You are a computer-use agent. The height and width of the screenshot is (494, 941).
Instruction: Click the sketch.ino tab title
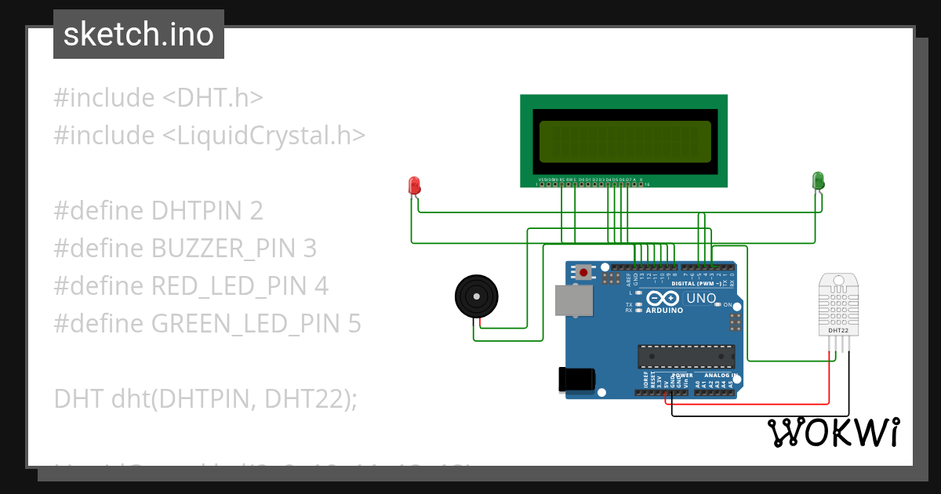pyautogui.click(x=139, y=35)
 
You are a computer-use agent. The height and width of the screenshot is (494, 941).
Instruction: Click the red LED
pyautogui.click(x=414, y=185)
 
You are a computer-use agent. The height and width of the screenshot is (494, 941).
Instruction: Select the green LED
pyautogui.click(x=818, y=180)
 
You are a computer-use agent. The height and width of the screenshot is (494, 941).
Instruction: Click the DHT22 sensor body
pyautogui.click(x=838, y=306)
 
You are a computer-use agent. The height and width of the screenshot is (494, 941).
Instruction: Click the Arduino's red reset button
pyautogui.click(x=583, y=272)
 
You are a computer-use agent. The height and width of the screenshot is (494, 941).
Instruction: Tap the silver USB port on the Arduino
pyautogui.click(x=573, y=300)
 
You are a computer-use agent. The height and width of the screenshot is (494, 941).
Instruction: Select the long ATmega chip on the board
pyautogui.click(x=686, y=355)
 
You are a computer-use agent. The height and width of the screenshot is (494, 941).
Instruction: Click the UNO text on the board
pyautogui.click(x=700, y=298)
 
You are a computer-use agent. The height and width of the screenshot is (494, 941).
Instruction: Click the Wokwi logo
pyautogui.click(x=834, y=432)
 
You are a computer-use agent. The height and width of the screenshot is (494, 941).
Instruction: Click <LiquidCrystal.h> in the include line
pyautogui.click(x=263, y=135)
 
